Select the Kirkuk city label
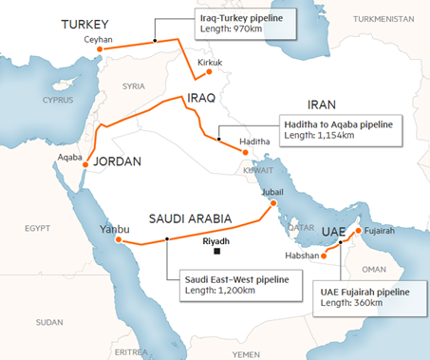coord(212,63)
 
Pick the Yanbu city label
coord(114,228)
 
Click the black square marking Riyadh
coord(217,253)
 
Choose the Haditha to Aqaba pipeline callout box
coord(337,129)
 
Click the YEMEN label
coord(245,352)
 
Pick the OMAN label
coord(388,269)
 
